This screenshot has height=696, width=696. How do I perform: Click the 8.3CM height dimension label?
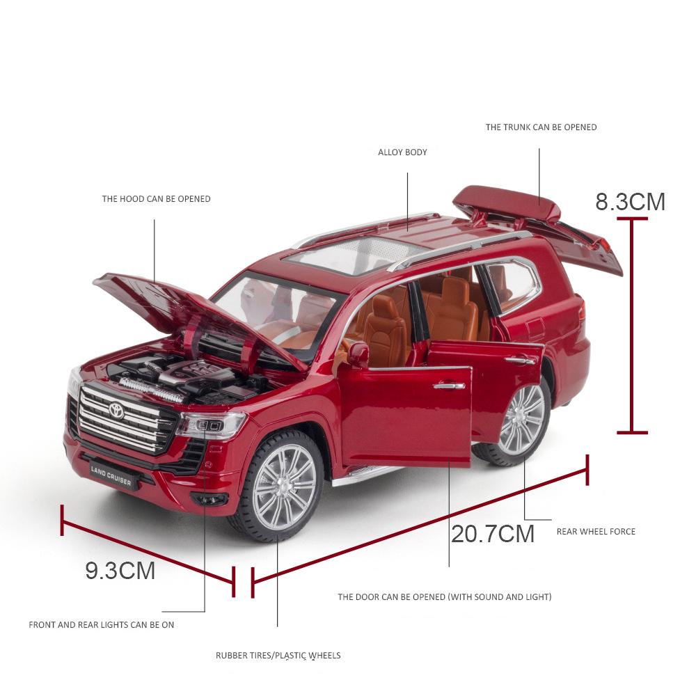coord(631,202)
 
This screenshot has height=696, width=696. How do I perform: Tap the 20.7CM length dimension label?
coord(493,534)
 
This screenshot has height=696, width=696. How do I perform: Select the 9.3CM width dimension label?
coord(120,571)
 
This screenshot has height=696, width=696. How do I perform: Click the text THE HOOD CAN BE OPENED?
coord(156,199)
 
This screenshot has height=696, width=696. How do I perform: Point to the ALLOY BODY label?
coord(402,152)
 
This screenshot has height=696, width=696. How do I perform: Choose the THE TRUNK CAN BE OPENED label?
coord(541,127)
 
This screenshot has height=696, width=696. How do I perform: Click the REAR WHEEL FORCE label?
coord(596,531)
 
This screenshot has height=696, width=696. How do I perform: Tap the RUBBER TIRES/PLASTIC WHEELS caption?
coord(278,655)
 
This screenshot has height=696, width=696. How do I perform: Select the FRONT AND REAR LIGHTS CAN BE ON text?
coord(101,625)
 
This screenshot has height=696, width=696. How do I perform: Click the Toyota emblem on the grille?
coord(116,410)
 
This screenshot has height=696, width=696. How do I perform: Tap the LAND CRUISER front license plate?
coord(111,475)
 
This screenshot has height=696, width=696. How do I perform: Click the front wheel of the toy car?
coord(279,486)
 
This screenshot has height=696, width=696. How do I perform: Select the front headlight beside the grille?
coord(212,425)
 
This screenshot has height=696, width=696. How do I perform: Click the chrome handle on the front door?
coord(449,386)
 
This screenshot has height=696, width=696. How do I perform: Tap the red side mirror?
coord(358,355)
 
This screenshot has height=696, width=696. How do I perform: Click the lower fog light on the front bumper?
coord(209,499)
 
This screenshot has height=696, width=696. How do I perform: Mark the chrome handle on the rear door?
coord(520,361)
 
